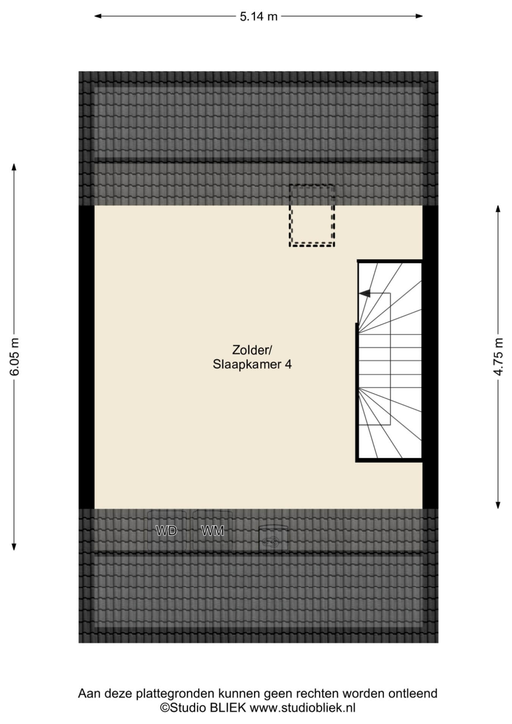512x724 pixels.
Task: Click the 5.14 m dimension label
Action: [x=259, y=17]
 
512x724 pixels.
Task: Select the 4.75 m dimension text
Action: [x=498, y=357]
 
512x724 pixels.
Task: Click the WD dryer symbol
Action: [x=166, y=531]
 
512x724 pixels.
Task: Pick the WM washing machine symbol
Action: [x=212, y=531]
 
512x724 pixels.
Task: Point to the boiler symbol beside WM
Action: [x=273, y=538]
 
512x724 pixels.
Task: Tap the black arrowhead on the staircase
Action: [x=364, y=293]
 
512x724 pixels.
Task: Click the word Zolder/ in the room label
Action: [x=252, y=349]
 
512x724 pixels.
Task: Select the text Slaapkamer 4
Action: [x=252, y=364]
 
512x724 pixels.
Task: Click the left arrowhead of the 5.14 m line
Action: [x=98, y=16]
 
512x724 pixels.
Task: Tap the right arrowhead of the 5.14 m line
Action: [x=419, y=16]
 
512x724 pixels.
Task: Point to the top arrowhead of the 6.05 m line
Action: [x=14, y=167]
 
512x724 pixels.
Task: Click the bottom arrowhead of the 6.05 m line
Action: [x=14, y=546]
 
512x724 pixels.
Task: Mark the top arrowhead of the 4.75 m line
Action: [x=498, y=209]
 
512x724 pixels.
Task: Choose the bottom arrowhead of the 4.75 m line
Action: [x=498, y=504]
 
